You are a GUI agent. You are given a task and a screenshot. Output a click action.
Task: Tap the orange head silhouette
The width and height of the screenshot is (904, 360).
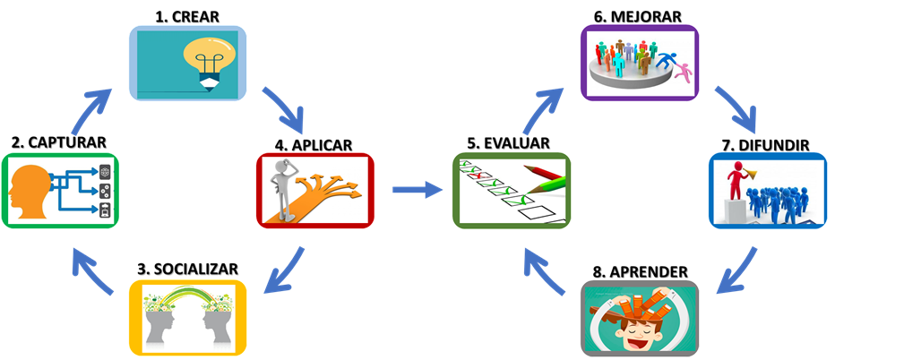click(28, 192)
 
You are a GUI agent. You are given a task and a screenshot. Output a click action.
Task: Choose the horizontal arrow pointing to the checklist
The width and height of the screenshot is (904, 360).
click(418, 189)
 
